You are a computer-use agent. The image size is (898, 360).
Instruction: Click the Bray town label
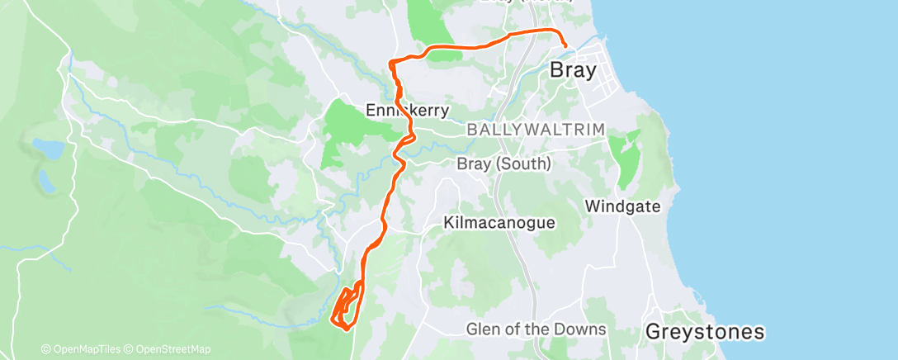(573, 70)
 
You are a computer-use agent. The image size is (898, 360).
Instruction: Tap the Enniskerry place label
(408, 110)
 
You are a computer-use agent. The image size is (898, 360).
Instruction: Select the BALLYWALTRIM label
(536, 130)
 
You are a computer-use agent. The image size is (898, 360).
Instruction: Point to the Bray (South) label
(503, 164)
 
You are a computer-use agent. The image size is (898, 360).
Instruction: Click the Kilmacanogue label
(499, 223)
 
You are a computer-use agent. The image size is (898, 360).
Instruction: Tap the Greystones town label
(704, 332)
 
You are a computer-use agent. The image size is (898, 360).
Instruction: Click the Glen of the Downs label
(536, 329)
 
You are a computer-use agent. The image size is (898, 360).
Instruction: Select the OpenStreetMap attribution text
(169, 349)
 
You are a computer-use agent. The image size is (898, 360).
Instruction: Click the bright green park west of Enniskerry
(347, 124)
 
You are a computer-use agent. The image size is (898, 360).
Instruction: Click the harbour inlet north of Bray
(596, 40)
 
